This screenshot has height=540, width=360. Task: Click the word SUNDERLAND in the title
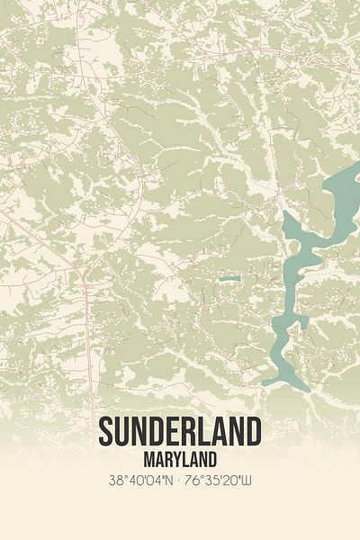(180, 431)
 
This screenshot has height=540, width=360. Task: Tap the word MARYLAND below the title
(180, 458)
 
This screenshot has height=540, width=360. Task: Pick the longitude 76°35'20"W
(221, 480)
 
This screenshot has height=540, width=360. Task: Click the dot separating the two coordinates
(180, 480)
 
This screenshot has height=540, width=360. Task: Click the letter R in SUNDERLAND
(192, 431)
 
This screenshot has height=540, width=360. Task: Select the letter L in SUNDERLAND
(209, 431)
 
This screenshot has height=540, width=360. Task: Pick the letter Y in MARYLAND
(175, 458)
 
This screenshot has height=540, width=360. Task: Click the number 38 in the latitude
(113, 480)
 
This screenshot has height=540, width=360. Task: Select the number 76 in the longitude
(195, 480)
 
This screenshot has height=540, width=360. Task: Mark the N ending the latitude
(167, 480)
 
